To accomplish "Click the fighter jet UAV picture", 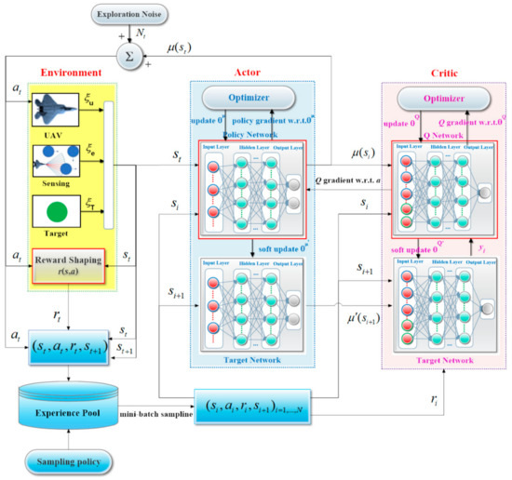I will [57, 116].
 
